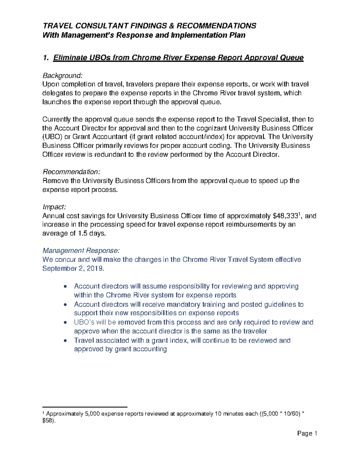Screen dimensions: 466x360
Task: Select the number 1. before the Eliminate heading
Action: coord(46,58)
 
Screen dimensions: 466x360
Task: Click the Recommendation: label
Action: coord(71,172)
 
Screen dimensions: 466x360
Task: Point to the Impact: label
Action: coord(54,207)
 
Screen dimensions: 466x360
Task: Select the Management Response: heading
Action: coord(81,251)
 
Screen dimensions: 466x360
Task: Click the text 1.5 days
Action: coord(92,233)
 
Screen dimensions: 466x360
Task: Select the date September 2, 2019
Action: coord(73,268)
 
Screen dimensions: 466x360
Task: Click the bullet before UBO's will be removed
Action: coord(65,323)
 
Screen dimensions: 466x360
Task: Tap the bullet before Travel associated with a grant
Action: coord(65,341)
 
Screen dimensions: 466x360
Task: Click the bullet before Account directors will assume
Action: coord(65,287)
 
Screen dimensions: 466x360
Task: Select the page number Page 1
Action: coord(307,433)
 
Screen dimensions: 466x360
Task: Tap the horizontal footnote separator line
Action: coord(85,407)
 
